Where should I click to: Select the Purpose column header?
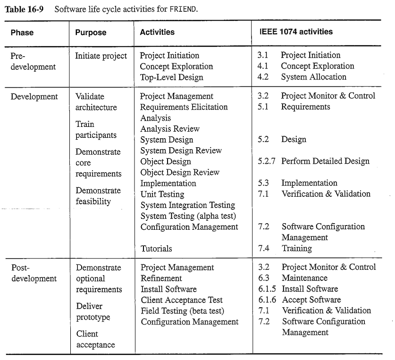[91, 33]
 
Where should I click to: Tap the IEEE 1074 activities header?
[296, 32]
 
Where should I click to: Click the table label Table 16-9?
[24, 9]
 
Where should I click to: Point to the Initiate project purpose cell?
[101, 56]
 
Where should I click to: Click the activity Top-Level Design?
[171, 77]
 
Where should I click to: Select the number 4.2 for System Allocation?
[263, 77]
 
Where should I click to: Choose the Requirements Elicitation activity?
[184, 107]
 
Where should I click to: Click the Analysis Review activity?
[169, 129]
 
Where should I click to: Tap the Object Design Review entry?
[180, 172]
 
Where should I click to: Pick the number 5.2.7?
[267, 161]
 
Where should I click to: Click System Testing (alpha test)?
[188, 216]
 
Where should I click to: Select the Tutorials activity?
[156, 248]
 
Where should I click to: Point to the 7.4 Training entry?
[285, 248]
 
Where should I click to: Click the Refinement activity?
[161, 278]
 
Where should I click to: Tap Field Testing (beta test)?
[182, 311]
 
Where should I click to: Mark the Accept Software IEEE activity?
[311, 300]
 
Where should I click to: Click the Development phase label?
[34, 97]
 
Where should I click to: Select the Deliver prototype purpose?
[93, 312]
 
